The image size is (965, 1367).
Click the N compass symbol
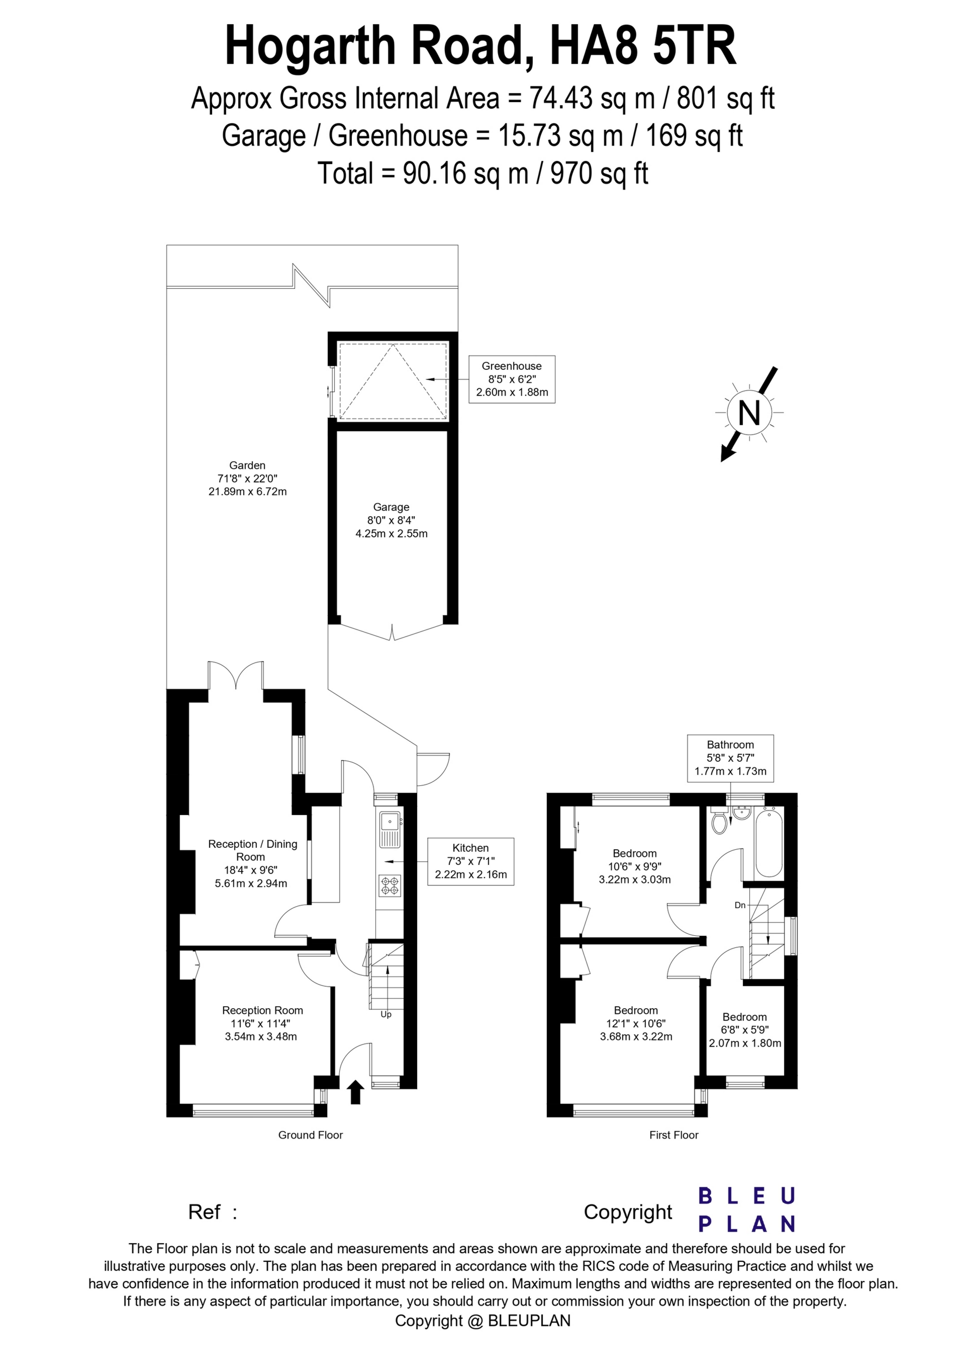pyautogui.click(x=749, y=413)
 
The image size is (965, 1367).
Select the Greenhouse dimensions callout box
pyautogui.click(x=512, y=379)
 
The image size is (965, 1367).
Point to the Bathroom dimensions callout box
pyautogui.click(x=731, y=758)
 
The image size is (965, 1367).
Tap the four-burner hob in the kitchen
pyautogui.click(x=391, y=886)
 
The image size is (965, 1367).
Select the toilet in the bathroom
pyautogui.click(x=720, y=821)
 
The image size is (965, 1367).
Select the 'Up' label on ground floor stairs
pyautogui.click(x=386, y=1014)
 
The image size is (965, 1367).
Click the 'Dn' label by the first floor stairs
pyautogui.click(x=740, y=905)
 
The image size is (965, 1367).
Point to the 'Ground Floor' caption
pyautogui.click(x=311, y=1135)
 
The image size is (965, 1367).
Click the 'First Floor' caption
pyautogui.click(x=673, y=1135)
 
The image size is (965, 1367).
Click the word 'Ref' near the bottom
pyautogui.click(x=204, y=1212)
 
